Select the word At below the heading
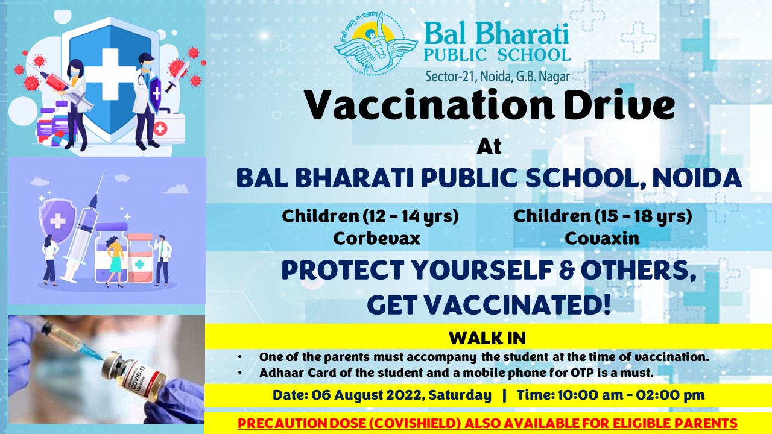point(489,147)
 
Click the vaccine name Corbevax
point(377,238)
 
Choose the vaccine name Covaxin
point(602,238)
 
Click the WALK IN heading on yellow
point(487,338)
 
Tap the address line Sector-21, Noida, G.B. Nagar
point(498,76)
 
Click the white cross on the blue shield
point(110,73)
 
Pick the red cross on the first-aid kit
point(160,129)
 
